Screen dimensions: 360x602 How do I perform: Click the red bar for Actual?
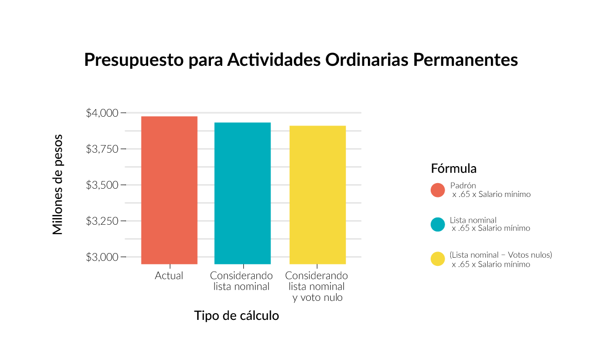(x=169, y=190)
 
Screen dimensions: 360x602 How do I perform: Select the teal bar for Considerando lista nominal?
(x=242, y=193)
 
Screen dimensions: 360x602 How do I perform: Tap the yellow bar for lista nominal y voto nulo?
(x=317, y=195)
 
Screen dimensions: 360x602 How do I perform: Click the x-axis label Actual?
(x=169, y=276)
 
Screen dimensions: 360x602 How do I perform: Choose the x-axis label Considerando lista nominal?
(x=241, y=281)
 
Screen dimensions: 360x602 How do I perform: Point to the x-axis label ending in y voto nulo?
(x=317, y=287)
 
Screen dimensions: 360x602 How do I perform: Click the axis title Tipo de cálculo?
(x=236, y=316)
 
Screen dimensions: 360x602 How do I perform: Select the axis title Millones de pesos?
(x=58, y=185)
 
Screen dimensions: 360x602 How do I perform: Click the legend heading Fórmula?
(x=454, y=169)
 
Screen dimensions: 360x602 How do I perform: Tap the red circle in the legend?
(x=437, y=190)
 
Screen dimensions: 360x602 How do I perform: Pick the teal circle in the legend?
(x=437, y=224)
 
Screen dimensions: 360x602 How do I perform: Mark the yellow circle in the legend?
(x=437, y=259)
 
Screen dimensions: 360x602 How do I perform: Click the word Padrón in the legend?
(x=463, y=186)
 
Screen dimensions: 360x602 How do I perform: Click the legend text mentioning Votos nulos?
(x=501, y=255)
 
